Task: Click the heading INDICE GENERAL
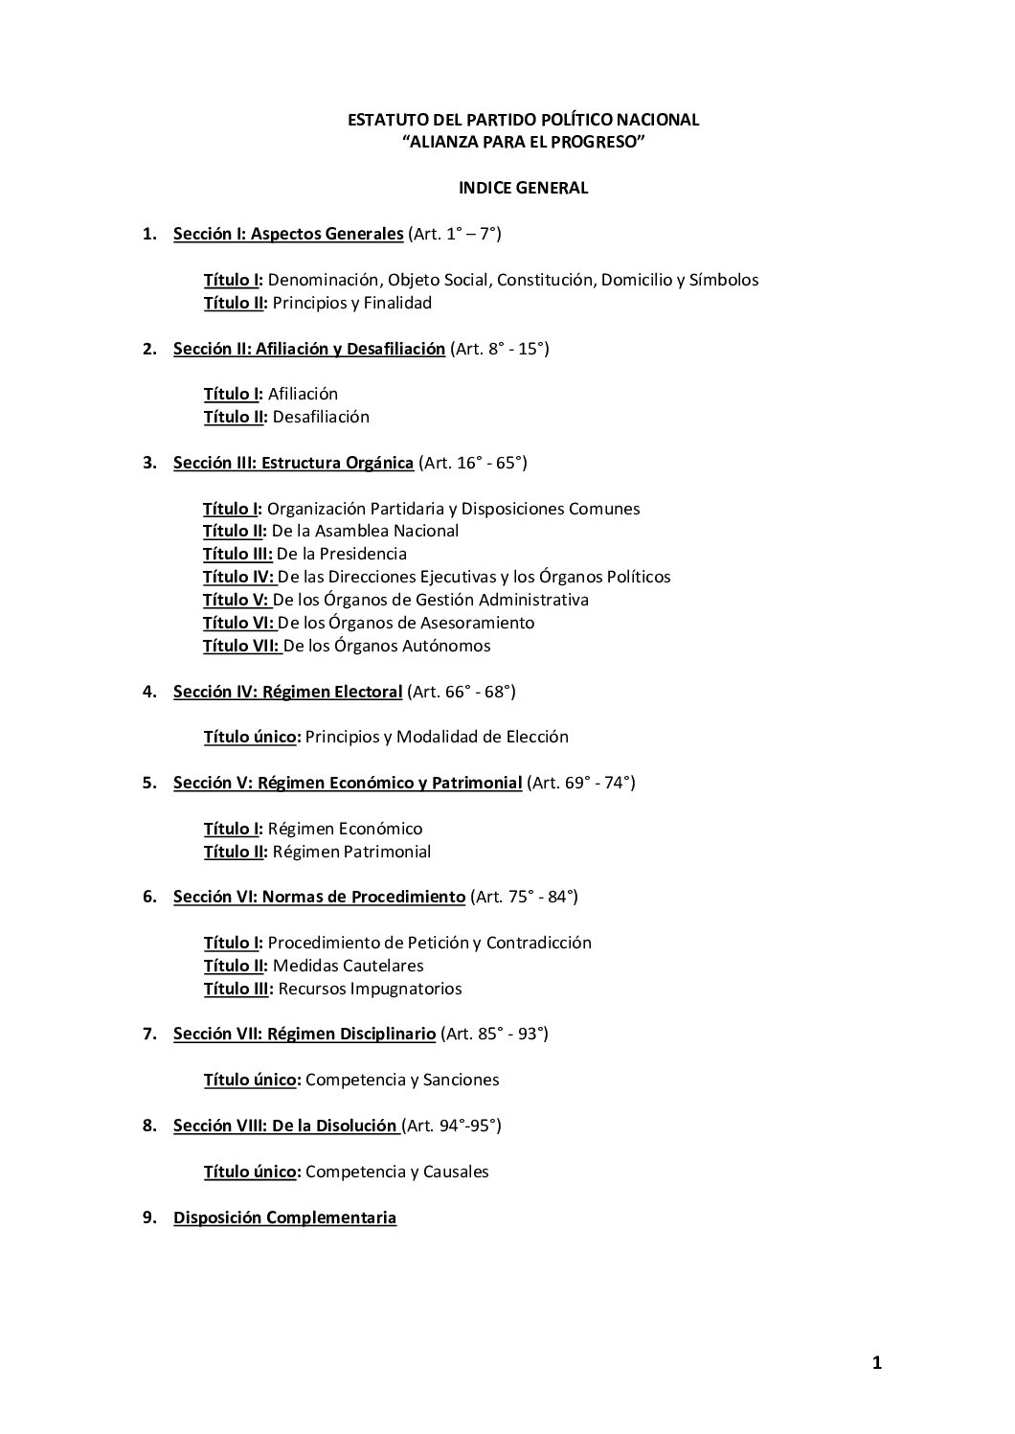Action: [x=523, y=188]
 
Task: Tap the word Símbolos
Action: [x=724, y=280]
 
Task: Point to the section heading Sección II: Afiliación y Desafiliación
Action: [x=308, y=349]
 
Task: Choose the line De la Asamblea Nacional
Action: [x=365, y=531]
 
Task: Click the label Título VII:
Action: [x=241, y=646]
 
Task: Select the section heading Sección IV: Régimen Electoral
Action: [x=287, y=692]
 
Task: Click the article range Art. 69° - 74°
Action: [x=581, y=783]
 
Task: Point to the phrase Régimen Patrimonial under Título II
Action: [x=351, y=852]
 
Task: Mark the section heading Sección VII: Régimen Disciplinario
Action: [x=304, y=1034]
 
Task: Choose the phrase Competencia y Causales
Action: [x=396, y=1172]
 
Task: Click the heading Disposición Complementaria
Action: [x=284, y=1218]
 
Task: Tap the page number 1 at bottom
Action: [x=876, y=1364]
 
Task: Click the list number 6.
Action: [x=148, y=897]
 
